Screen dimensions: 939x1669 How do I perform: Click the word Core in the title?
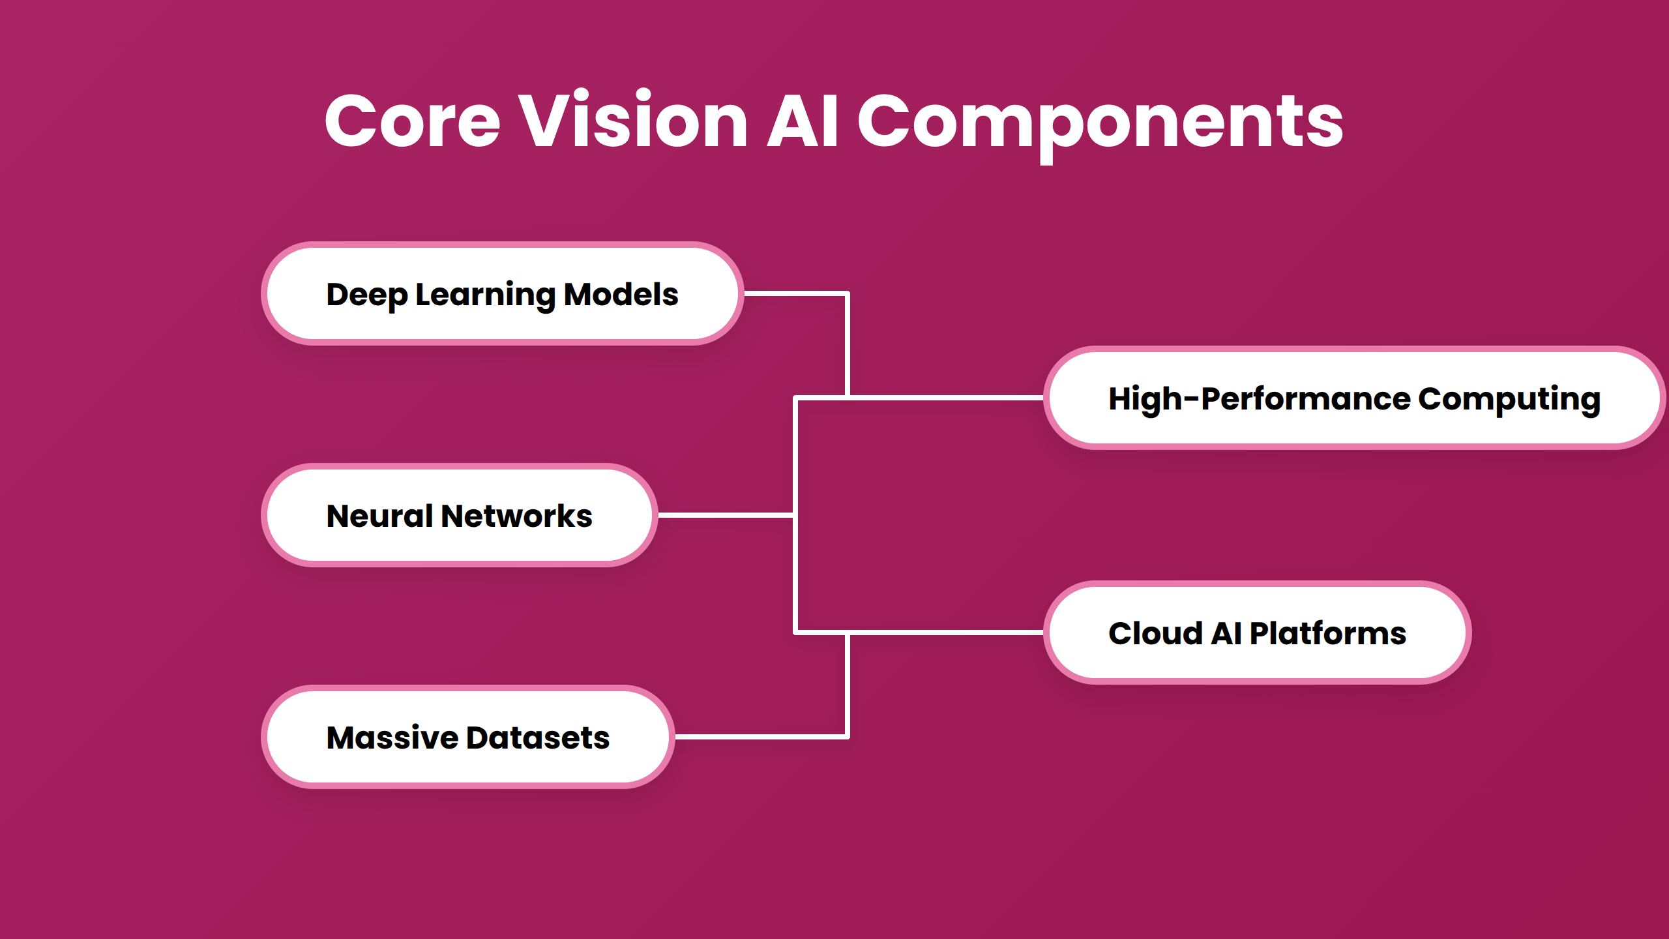pyautogui.click(x=412, y=121)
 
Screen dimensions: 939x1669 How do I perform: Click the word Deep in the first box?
pyautogui.click(x=366, y=295)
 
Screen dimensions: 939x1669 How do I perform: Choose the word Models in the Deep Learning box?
pyautogui.click(x=621, y=295)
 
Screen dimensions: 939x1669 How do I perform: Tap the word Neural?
pyautogui.click(x=379, y=516)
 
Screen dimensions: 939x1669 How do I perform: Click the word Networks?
pyautogui.click(x=516, y=516)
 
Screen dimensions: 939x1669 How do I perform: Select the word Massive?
pyautogui.click(x=392, y=738)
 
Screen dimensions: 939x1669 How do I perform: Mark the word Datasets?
pyautogui.click(x=538, y=738)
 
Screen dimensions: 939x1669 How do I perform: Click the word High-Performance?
pyautogui.click(x=1258, y=398)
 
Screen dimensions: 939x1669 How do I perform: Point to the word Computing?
pyautogui.click(x=1509, y=398)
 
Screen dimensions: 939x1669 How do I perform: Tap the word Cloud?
pyautogui.click(x=1155, y=633)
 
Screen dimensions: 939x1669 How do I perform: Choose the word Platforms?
pyautogui.click(x=1327, y=633)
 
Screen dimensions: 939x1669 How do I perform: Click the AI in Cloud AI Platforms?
pyautogui.click(x=1226, y=633)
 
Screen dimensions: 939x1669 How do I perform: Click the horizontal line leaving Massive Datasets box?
pyautogui.click(x=760, y=737)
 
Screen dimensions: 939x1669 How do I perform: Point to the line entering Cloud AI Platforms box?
pyautogui.click(x=945, y=633)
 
